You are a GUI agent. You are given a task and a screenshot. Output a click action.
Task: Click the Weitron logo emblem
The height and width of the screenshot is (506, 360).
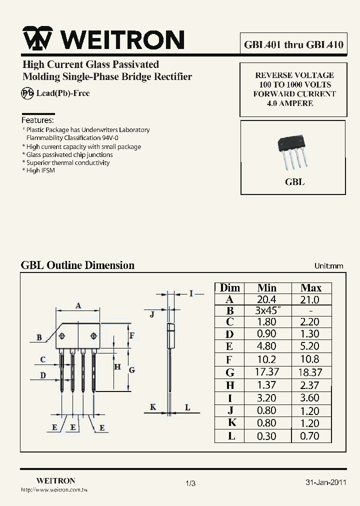tap(38, 39)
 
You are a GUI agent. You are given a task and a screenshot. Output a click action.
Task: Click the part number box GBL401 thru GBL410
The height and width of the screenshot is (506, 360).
tap(293, 44)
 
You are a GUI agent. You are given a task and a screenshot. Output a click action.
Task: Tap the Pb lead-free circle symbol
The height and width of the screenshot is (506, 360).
tap(27, 93)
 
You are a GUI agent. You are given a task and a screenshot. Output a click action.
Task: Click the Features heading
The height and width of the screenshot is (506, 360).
tap(37, 120)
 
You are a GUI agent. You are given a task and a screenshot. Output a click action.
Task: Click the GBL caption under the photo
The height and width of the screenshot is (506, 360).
tap(294, 182)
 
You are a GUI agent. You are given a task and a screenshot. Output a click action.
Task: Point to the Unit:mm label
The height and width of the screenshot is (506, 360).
tap(328, 266)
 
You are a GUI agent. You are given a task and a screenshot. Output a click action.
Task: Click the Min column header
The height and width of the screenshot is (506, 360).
tap(266, 288)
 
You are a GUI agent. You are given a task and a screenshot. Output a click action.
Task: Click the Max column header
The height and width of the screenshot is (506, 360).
tap(310, 288)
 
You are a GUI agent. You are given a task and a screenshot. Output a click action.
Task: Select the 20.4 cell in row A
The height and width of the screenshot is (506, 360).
tap(266, 299)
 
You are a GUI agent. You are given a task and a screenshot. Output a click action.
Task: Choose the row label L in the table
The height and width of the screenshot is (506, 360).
tap(230, 435)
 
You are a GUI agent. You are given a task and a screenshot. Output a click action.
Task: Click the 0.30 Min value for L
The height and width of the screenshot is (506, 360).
tap(266, 436)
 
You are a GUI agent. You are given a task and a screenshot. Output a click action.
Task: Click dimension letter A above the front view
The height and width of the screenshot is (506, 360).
tap(78, 305)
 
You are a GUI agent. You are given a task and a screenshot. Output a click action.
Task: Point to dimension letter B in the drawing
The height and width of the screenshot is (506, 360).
tap(39, 337)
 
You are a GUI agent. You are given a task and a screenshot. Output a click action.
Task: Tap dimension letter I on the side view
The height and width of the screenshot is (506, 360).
tap(191, 293)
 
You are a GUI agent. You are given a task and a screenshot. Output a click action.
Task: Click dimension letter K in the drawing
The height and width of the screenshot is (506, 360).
tap(153, 407)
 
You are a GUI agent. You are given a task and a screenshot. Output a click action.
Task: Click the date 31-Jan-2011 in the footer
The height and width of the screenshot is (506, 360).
tap(325, 482)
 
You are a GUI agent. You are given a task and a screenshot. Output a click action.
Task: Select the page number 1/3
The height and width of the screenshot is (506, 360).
tap(190, 483)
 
